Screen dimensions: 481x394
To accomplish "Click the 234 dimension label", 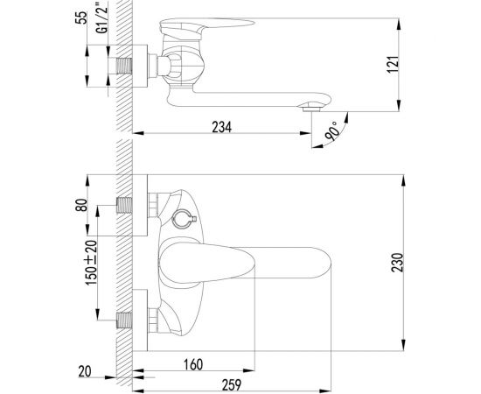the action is click(x=222, y=127).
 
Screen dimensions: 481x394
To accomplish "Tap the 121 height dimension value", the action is click(x=393, y=64).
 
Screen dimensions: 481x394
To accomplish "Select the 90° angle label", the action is click(x=332, y=131).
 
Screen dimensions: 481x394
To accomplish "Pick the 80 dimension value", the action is click(x=81, y=205).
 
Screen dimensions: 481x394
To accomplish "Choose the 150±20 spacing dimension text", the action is click(x=91, y=263).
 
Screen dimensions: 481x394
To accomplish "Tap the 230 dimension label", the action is click(x=398, y=263).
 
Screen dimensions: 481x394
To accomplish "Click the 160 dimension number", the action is click(x=193, y=364).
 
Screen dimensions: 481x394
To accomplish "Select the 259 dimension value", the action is click(x=232, y=385).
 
